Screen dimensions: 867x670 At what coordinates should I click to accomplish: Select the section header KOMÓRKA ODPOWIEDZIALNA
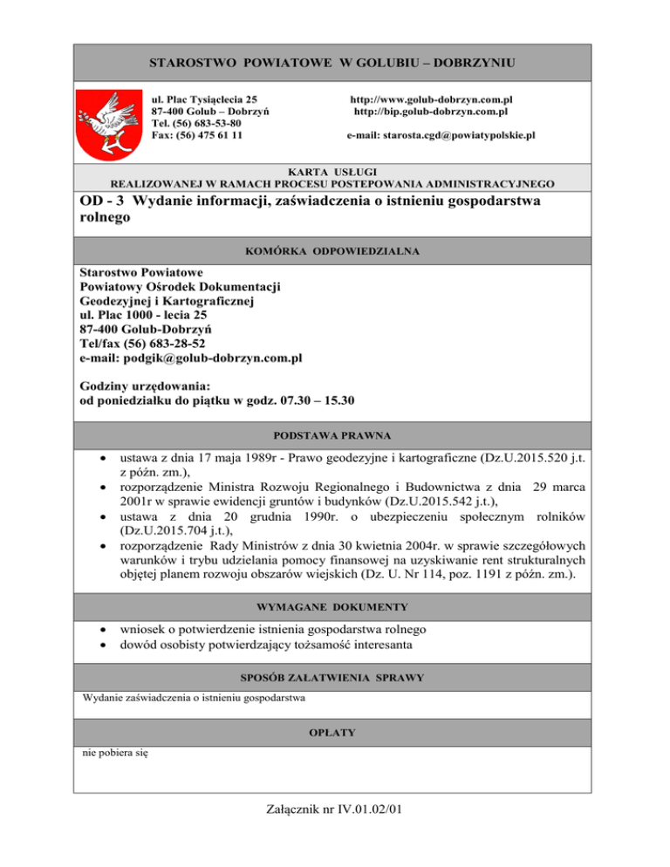tap(334, 250)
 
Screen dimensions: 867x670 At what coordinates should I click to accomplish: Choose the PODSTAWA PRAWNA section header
tap(333, 433)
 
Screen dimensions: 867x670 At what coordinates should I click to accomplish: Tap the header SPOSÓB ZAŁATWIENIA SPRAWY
tap(334, 677)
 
